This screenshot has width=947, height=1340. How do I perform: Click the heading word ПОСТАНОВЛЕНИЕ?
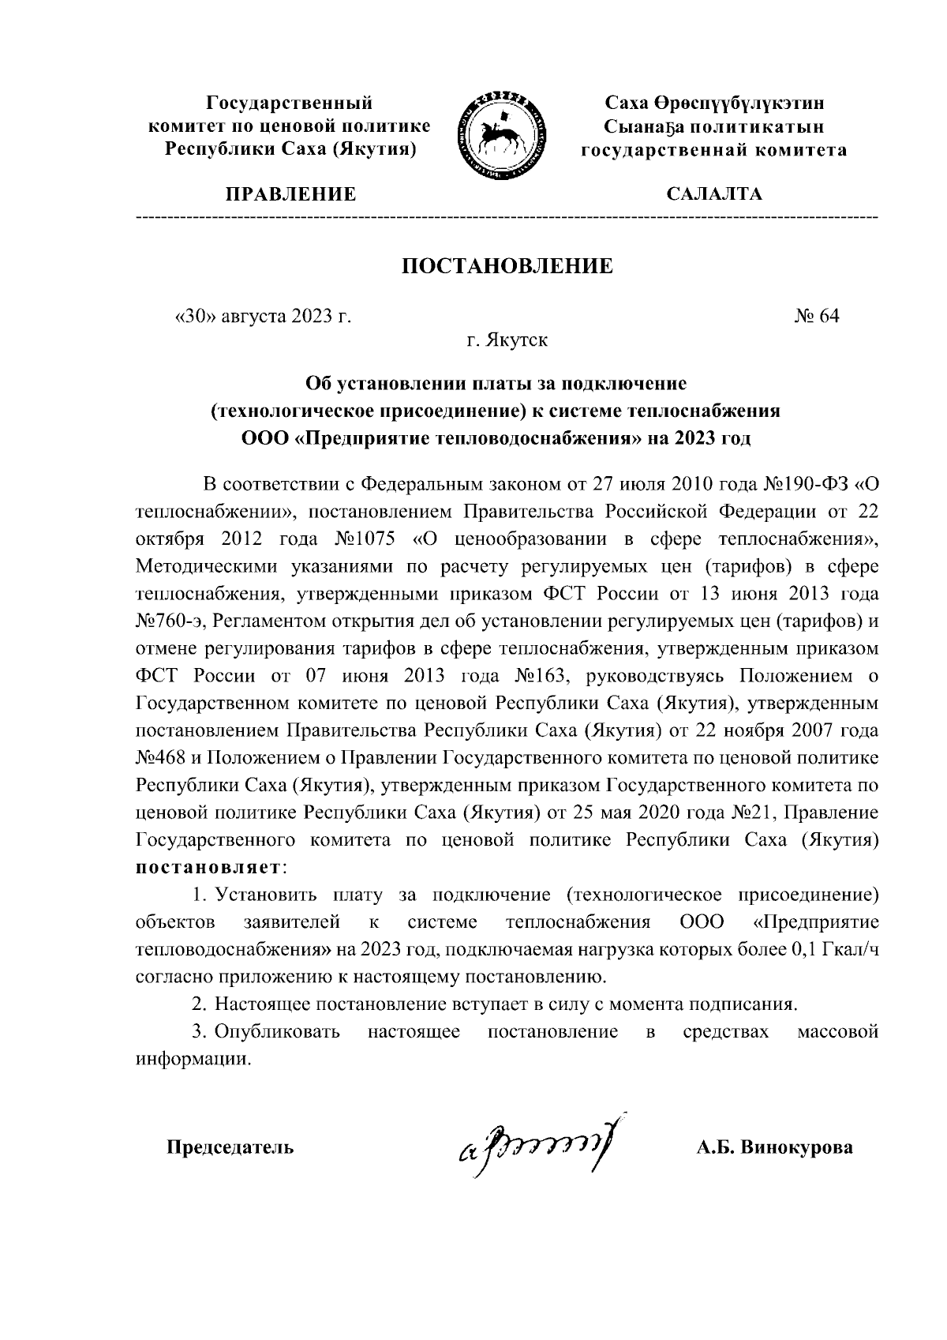point(507,265)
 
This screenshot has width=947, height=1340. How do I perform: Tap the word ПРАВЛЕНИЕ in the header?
point(291,194)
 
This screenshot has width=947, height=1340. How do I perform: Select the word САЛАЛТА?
point(714,194)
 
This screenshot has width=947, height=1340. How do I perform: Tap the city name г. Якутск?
point(507,341)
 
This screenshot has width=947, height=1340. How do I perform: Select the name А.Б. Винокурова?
point(773,1147)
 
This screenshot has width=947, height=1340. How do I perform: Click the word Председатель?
point(230,1147)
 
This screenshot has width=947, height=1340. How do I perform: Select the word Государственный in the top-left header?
point(289,103)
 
